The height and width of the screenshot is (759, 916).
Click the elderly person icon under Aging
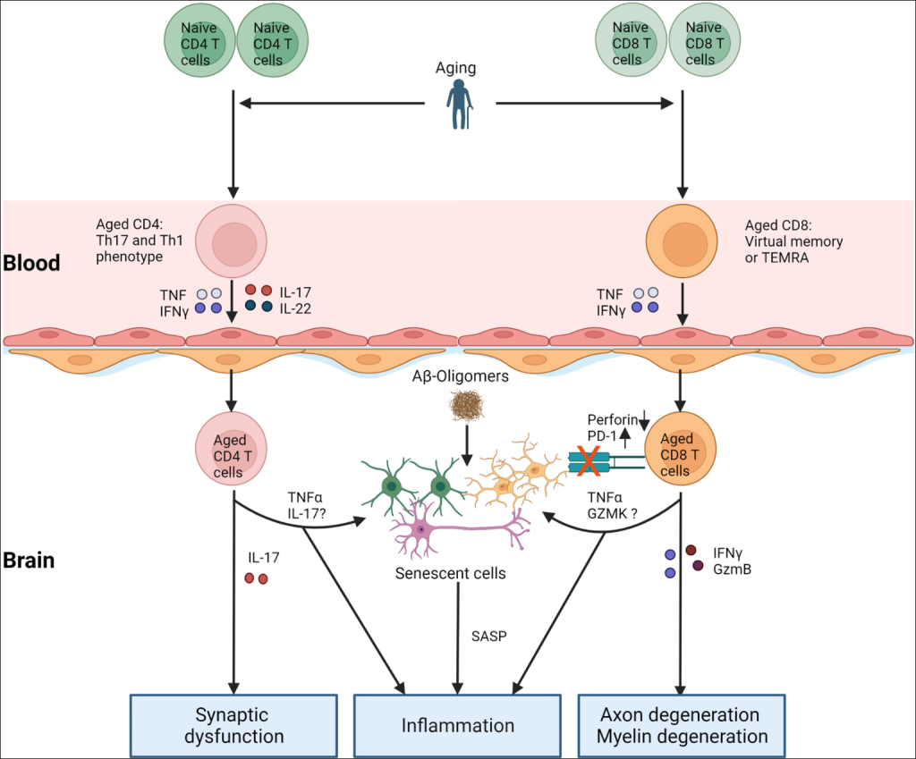pyautogui.click(x=460, y=105)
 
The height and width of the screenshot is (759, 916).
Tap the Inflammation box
pyautogui.click(x=459, y=725)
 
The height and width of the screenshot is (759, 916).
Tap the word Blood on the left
pyautogui.click(x=31, y=264)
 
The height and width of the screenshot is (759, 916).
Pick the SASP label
pyautogui.click(x=487, y=636)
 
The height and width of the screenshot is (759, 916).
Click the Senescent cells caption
pyautogui.click(x=450, y=573)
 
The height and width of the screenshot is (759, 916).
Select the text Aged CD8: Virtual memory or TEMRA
pyautogui.click(x=793, y=241)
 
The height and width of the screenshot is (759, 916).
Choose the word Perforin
pyautogui.click(x=612, y=418)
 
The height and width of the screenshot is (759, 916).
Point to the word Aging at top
pyautogui.click(x=456, y=67)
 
